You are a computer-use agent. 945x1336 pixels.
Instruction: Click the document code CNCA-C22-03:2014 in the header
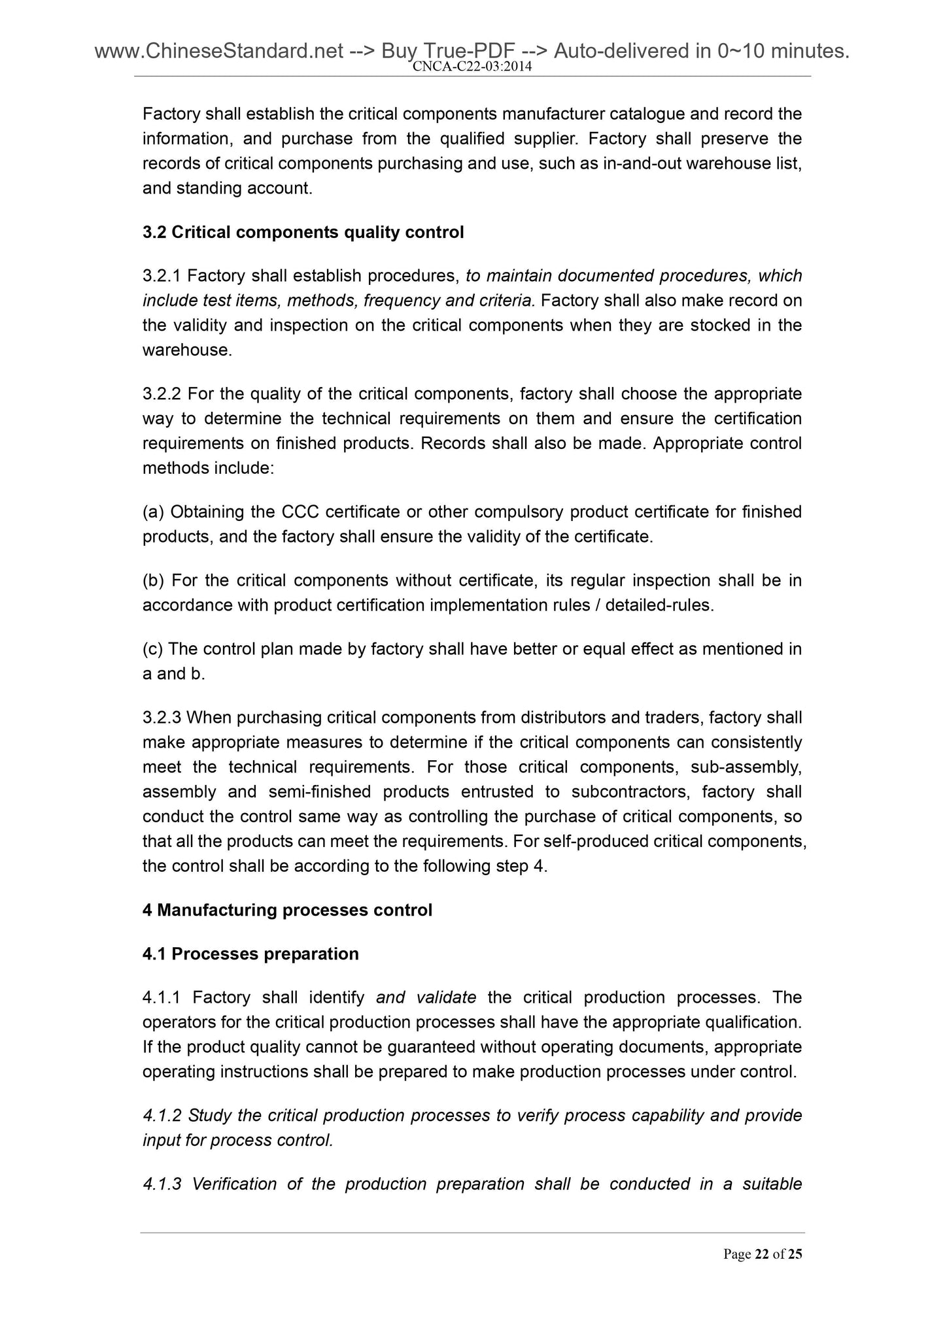472,67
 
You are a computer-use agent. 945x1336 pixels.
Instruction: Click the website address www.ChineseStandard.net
219,50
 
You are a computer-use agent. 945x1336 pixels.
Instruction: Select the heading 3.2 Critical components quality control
303,232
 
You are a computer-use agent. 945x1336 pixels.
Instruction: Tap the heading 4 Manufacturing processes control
287,910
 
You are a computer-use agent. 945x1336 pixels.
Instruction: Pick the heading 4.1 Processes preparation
250,954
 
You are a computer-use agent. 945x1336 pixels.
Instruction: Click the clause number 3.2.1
162,276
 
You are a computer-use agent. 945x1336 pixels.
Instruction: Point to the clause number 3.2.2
162,394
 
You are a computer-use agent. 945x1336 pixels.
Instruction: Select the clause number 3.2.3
162,718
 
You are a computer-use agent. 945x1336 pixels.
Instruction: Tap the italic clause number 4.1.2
163,1115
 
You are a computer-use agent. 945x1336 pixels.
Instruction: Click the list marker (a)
154,512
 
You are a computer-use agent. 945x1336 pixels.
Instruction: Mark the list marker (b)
154,580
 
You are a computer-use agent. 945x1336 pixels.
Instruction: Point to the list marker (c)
153,649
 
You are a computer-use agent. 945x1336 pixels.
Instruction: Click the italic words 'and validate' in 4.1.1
426,997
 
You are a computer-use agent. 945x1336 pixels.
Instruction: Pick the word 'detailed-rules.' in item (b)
660,605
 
